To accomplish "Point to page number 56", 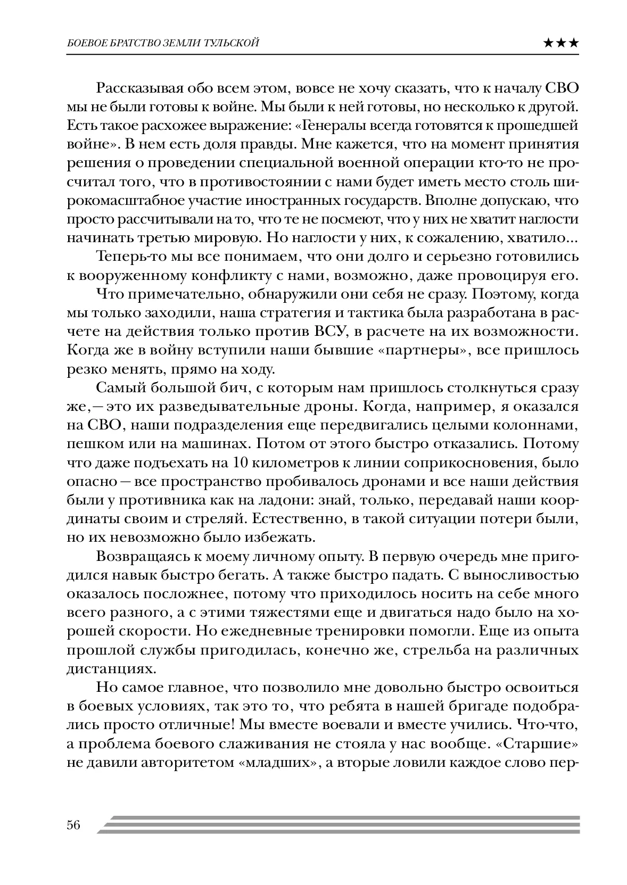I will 73,825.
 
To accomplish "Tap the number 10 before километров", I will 244,462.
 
